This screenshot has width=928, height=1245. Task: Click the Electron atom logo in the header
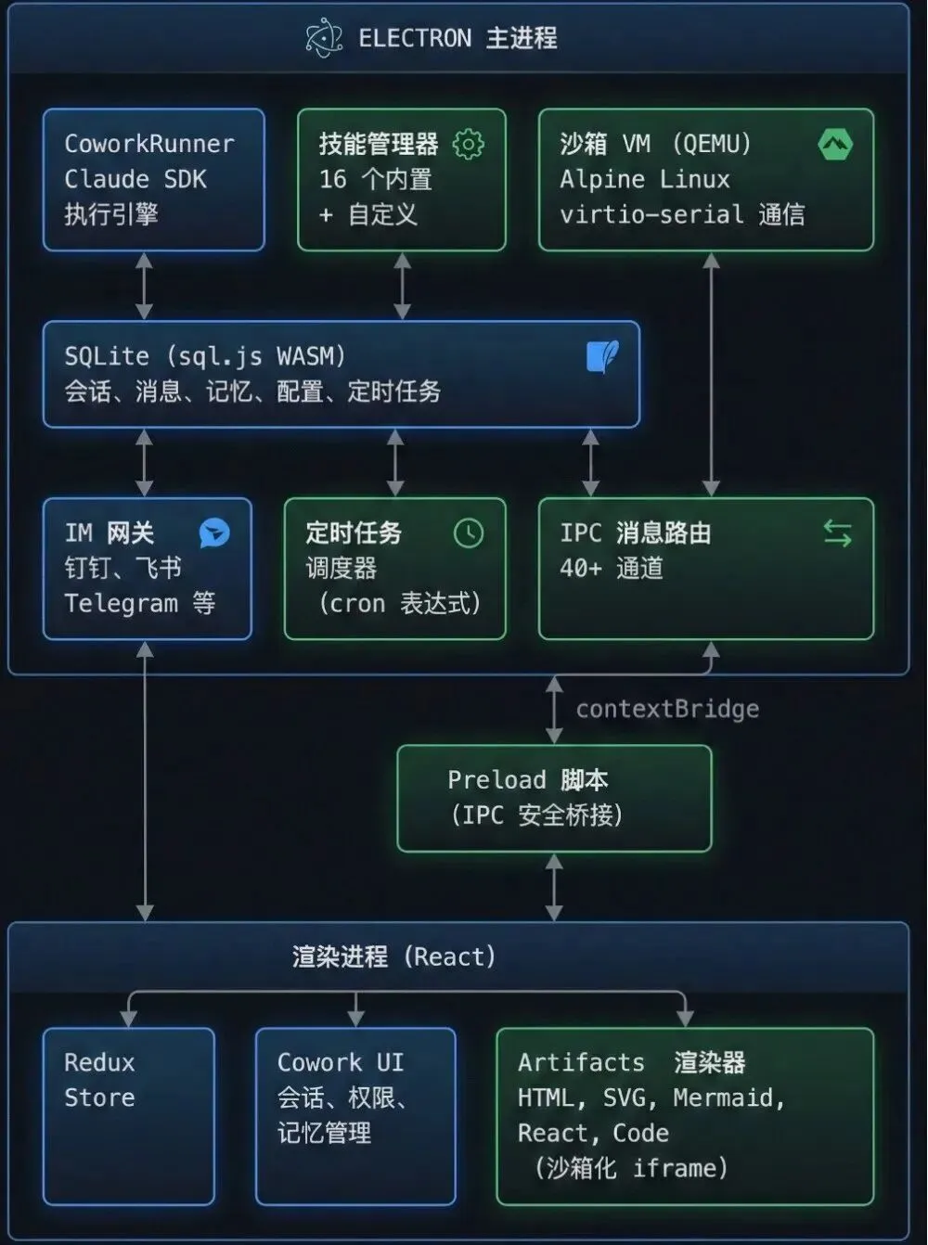pos(324,39)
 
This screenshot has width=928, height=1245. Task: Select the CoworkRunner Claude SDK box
pos(153,179)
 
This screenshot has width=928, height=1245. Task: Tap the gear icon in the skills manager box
pos(468,145)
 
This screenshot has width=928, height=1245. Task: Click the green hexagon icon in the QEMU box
pos(835,145)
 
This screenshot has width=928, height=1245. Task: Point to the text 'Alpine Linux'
pos(644,179)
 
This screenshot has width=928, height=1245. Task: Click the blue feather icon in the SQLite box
pos(602,356)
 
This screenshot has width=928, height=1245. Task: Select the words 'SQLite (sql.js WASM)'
pos(205,356)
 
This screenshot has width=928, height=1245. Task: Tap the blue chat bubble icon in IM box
pos(214,533)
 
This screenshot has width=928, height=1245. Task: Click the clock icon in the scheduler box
pos(469,533)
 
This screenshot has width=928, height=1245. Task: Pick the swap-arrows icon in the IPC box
pos(837,533)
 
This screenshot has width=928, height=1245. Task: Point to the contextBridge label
pos(667,710)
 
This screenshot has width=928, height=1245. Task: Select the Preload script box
pos(554,798)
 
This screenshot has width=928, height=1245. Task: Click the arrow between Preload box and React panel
pos(554,887)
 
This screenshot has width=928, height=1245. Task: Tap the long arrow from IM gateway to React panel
pos(145,779)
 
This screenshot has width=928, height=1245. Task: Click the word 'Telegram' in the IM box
pos(121,604)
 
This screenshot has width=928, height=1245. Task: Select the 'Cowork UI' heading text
pos(340,1063)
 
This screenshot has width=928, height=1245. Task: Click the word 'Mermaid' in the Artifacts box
pos(728,1098)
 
